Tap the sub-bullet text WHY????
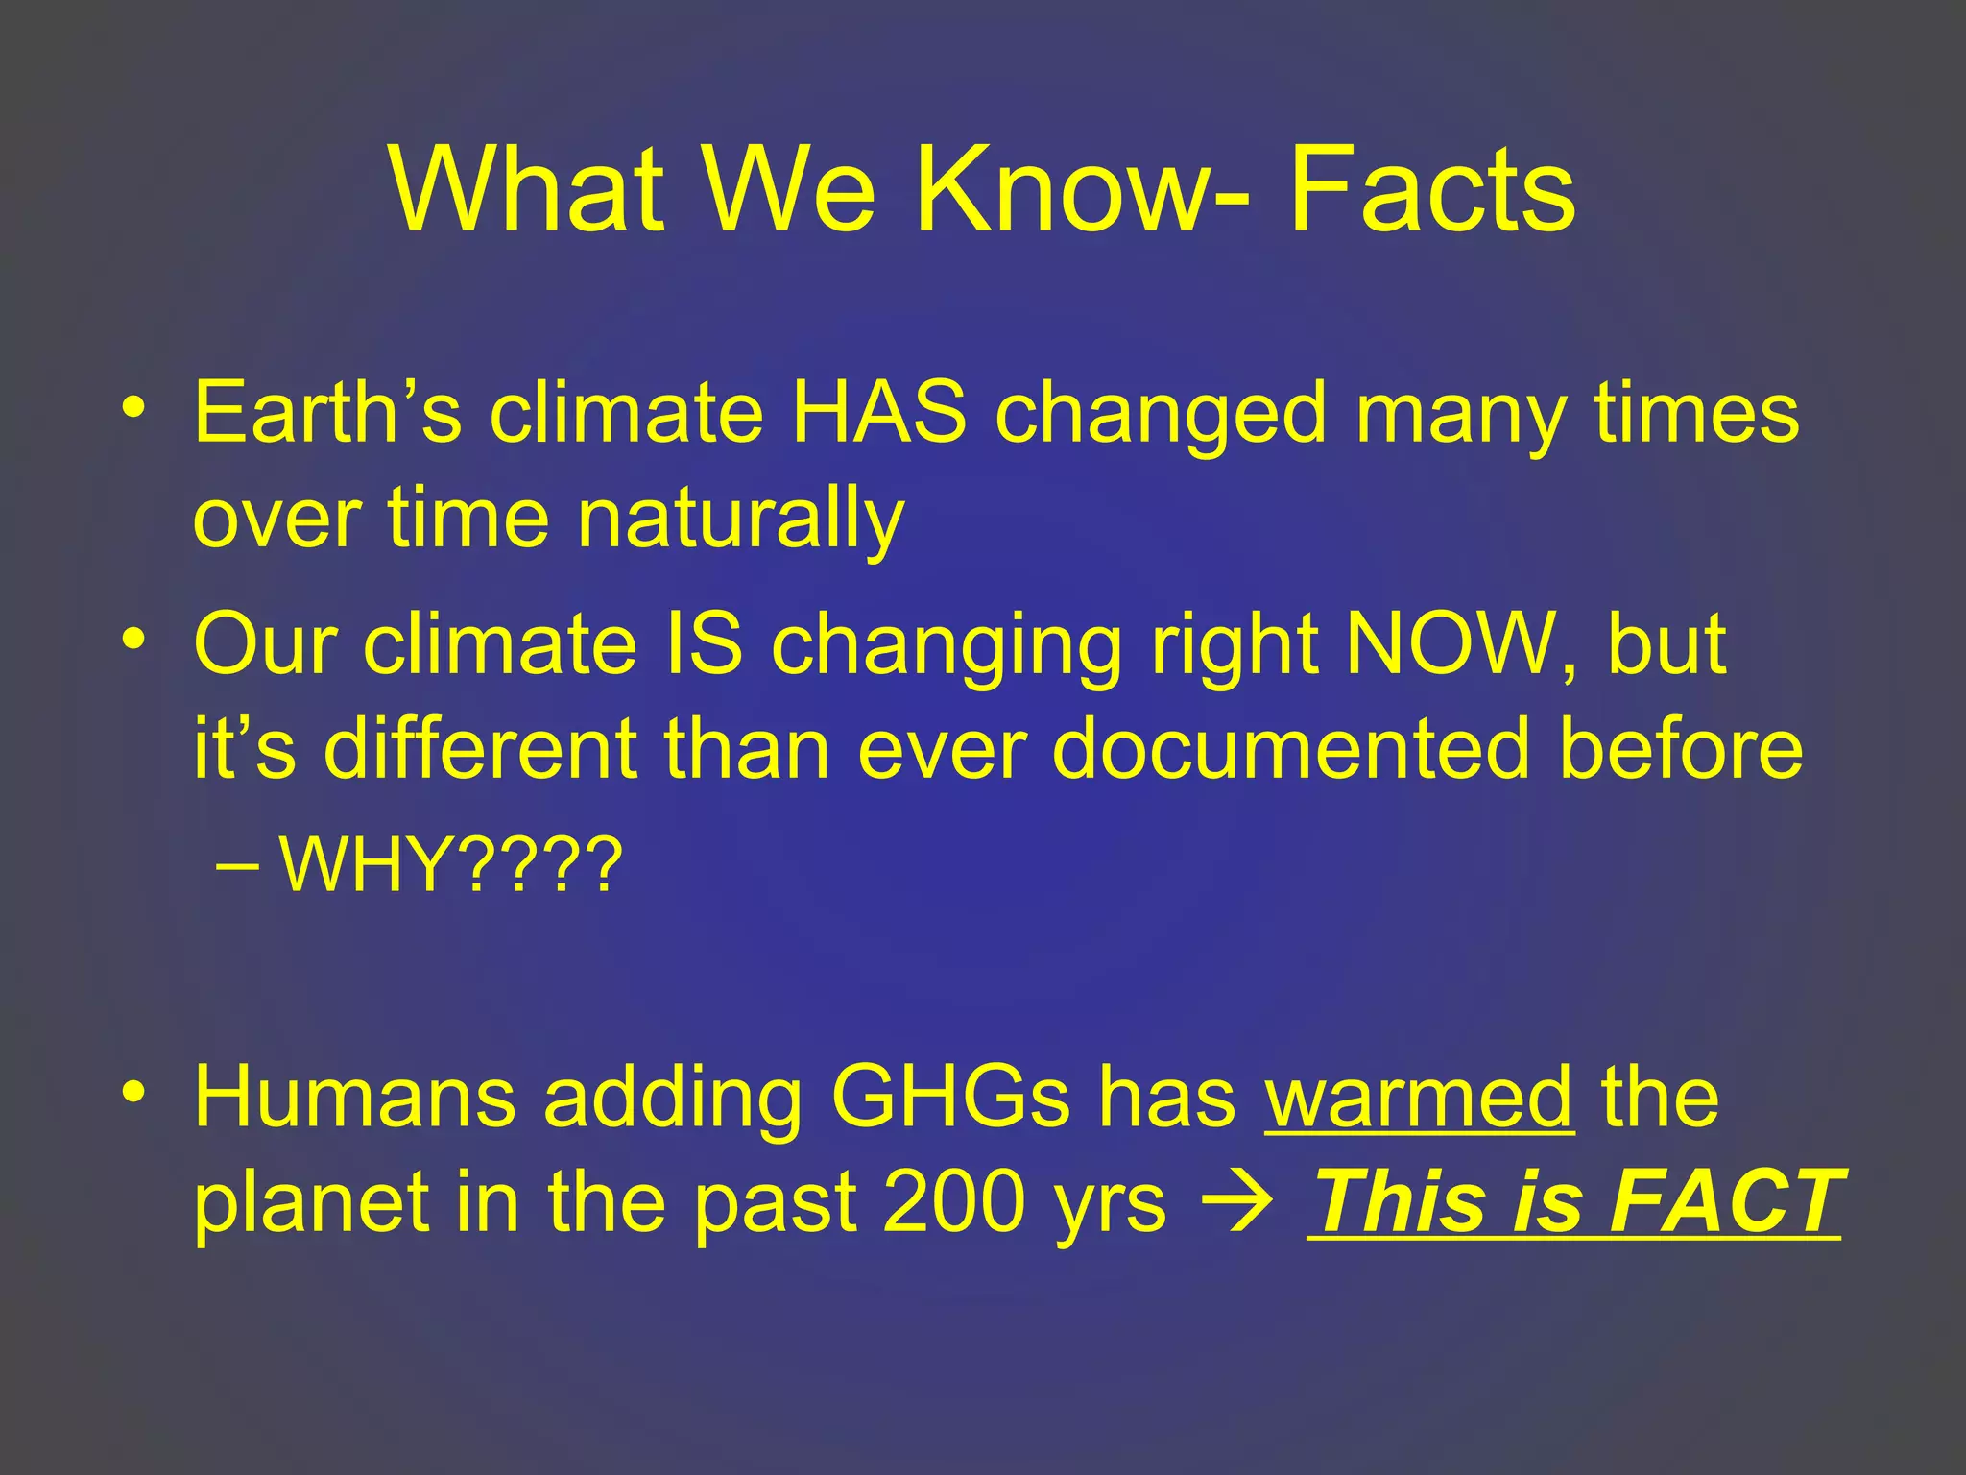[451, 865]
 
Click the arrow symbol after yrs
[1243, 1204]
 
